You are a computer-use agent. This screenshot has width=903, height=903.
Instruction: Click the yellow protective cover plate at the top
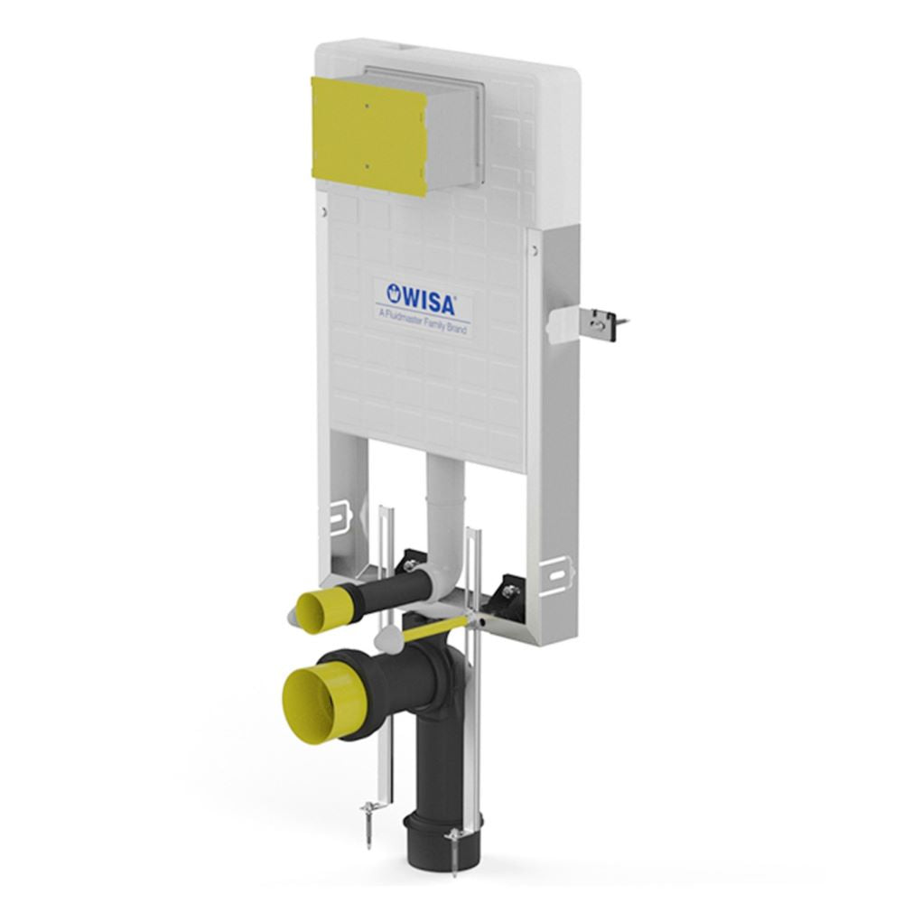point(368,136)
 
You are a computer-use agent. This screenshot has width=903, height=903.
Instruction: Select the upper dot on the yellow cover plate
point(367,106)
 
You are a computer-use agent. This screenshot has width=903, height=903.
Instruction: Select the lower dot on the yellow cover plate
point(367,166)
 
